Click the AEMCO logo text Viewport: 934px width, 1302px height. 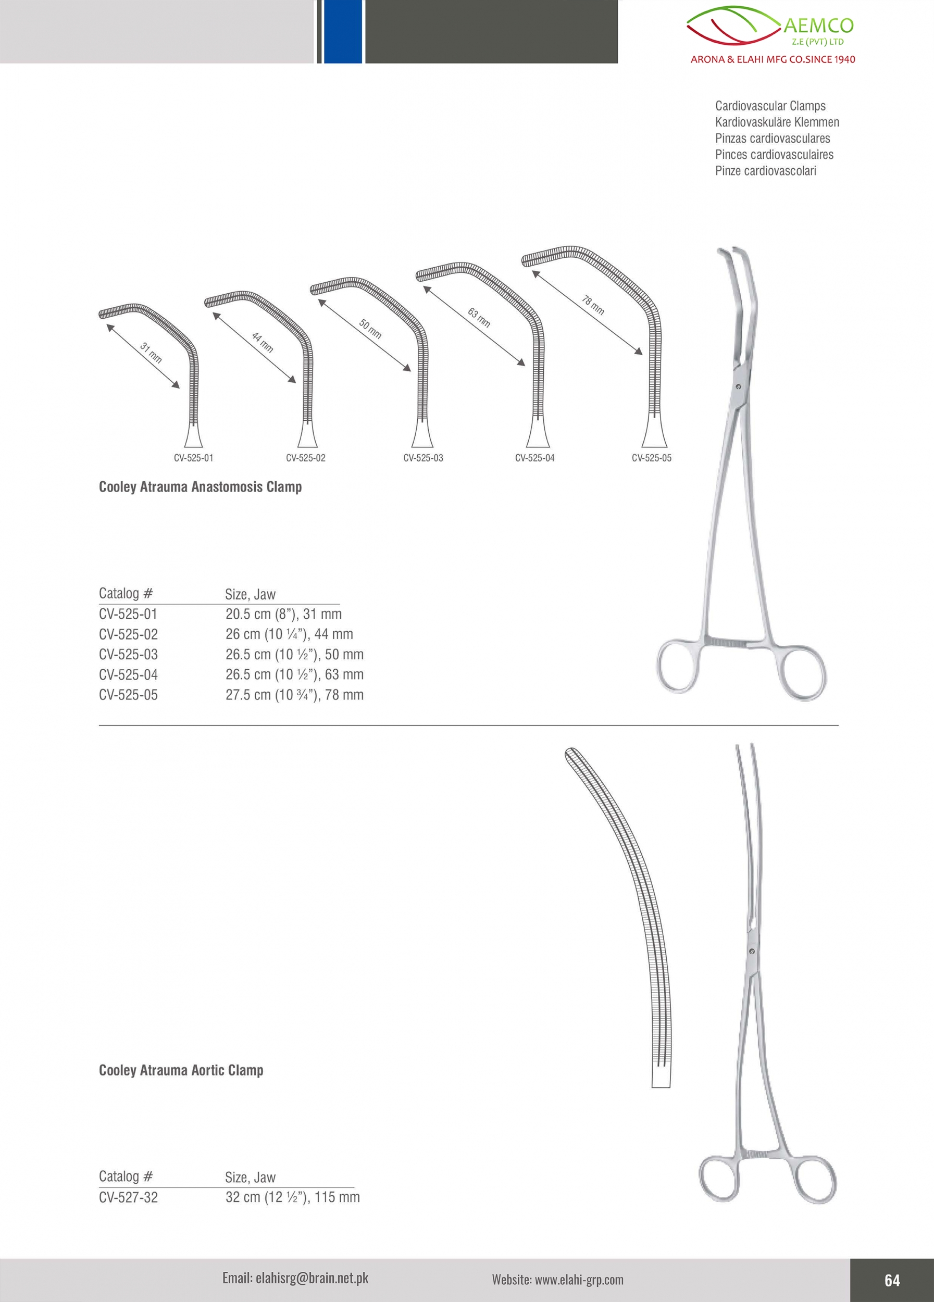(818, 26)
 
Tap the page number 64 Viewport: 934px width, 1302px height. (892, 1280)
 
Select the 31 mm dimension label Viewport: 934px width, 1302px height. (151, 353)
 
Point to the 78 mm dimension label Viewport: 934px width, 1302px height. (593, 305)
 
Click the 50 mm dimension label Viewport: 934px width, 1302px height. (370, 329)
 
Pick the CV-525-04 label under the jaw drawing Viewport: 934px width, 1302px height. (534, 458)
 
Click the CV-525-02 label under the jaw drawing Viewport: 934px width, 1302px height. (305, 458)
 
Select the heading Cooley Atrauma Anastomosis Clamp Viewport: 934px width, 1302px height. (201, 487)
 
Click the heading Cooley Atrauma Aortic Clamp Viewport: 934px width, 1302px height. (181, 1070)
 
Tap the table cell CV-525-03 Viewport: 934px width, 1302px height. (128, 655)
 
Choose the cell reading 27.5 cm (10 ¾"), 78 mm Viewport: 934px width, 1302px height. (294, 695)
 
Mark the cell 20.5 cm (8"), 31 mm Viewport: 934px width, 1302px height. (283, 614)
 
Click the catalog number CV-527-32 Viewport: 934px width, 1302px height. (128, 1197)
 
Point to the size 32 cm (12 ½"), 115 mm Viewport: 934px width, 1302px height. (293, 1197)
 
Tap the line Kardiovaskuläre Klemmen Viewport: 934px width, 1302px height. (777, 122)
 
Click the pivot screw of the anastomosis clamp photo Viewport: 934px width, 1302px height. (738, 387)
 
